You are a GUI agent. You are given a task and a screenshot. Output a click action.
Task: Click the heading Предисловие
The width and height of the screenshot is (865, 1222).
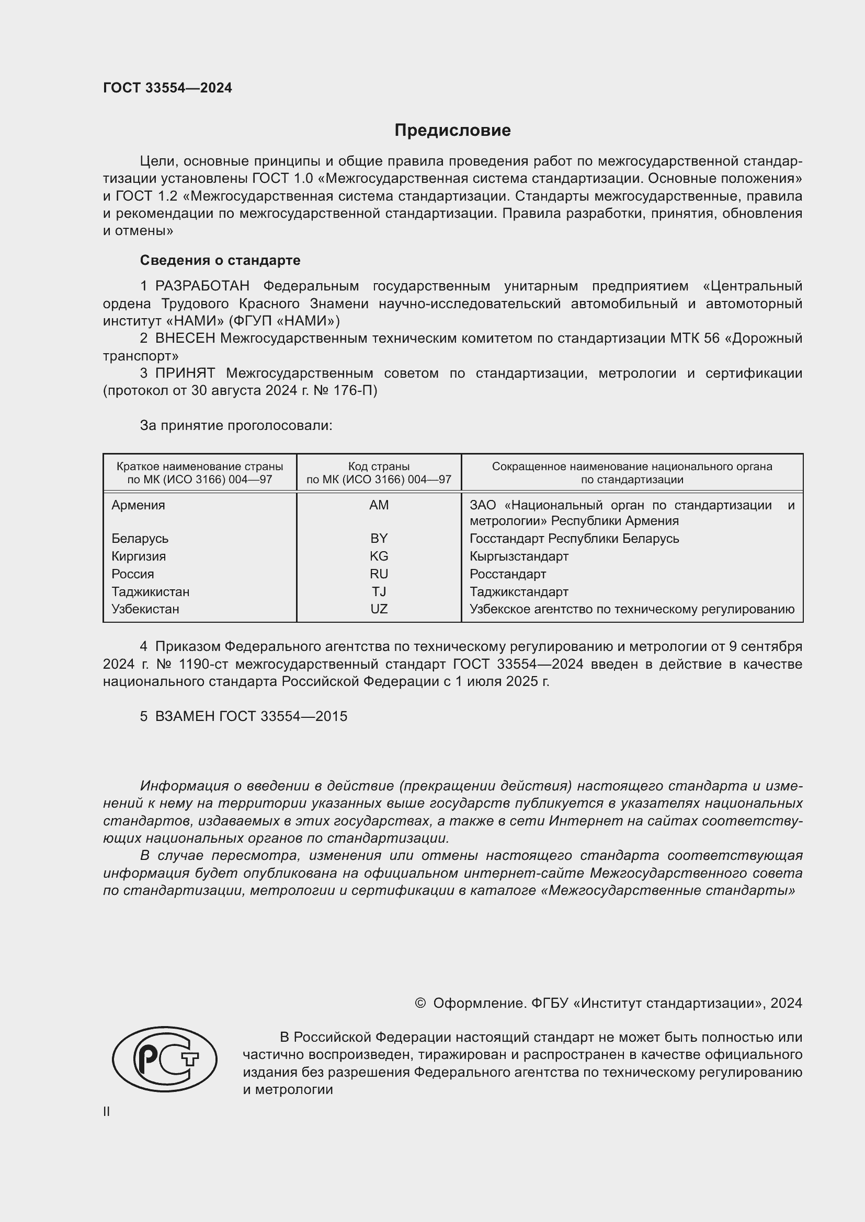452,131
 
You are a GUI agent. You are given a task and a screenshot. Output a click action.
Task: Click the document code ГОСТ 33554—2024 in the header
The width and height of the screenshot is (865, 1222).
167,88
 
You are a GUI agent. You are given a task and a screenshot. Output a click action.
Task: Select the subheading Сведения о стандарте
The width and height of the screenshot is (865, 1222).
220,260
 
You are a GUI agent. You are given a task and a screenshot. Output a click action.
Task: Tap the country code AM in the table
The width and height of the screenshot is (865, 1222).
379,505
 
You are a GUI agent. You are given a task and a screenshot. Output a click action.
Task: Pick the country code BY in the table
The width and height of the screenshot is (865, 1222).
379,538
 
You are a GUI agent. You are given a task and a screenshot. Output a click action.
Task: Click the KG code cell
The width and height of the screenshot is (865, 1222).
379,556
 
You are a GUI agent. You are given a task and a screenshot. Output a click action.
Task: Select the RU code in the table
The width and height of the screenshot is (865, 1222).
379,574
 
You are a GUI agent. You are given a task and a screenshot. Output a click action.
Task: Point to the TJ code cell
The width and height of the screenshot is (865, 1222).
379,591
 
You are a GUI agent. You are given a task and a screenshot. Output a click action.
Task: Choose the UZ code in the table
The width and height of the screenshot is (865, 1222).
379,609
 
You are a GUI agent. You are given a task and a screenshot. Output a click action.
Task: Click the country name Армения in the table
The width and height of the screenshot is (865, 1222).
138,505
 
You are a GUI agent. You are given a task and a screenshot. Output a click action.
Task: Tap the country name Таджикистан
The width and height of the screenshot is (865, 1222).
150,591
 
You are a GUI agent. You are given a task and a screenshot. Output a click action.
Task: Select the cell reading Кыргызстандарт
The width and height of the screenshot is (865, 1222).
519,556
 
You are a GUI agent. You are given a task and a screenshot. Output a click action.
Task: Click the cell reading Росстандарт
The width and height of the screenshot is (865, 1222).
508,574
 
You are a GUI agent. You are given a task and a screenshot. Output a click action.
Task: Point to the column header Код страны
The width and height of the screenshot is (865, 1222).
379,467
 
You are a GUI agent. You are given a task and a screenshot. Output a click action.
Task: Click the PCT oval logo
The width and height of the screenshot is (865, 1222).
165,1059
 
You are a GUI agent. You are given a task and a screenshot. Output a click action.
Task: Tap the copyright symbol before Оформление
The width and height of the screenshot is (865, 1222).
420,1003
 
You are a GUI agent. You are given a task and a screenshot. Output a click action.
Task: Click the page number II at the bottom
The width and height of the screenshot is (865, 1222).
107,1111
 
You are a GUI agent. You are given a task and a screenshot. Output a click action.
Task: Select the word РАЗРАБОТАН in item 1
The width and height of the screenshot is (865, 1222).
202,286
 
